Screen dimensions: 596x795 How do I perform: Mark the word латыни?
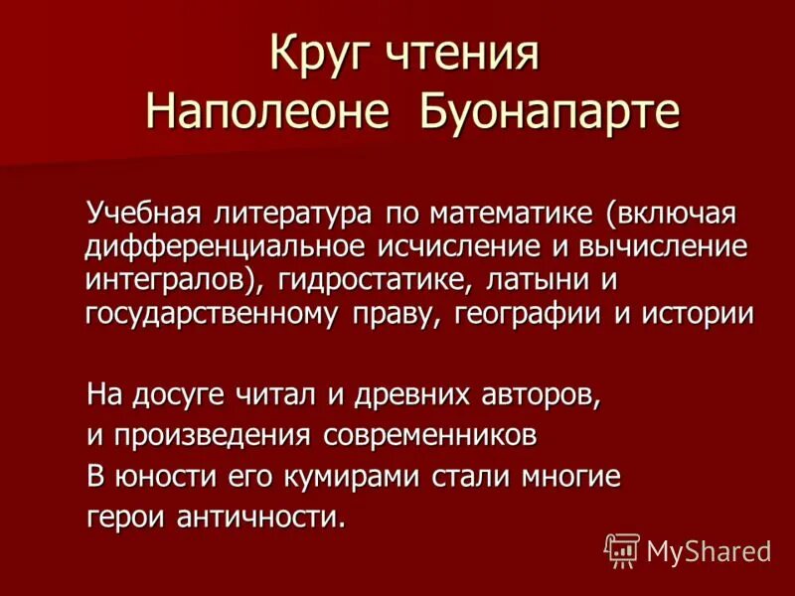pos(539,279)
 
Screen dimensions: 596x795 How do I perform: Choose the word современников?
pos(434,436)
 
